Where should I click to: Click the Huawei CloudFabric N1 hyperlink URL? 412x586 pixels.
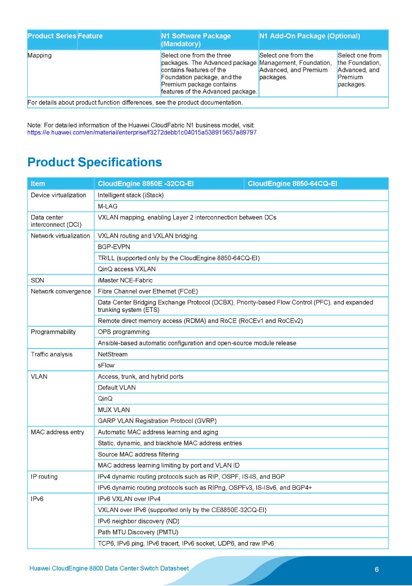pos(142,132)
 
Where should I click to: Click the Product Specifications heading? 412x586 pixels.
pos(95,162)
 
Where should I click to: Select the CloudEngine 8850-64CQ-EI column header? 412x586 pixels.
pos(292,183)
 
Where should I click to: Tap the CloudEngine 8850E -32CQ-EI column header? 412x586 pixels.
pos(146,183)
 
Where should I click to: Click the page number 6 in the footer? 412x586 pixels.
pos(376,569)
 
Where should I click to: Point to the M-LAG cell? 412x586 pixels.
pos(108,206)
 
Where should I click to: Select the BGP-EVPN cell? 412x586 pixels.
pos(114,247)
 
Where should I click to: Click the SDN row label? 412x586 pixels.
pos(37,280)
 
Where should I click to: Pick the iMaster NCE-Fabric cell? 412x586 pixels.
pos(125,280)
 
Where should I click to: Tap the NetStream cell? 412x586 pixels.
pos(113,354)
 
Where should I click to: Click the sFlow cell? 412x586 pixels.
pos(106,365)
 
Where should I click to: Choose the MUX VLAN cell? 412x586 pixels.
pos(114,409)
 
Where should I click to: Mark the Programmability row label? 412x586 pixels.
pos(53,332)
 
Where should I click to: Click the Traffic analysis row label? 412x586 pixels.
pos(52,354)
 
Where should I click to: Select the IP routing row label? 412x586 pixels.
pos(44,476)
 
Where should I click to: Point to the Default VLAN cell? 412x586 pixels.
pos(117,387)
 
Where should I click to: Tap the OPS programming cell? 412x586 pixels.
pos(124,332)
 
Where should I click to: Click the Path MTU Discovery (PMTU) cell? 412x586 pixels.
pos(138,532)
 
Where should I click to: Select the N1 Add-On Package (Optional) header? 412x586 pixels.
pos(309,36)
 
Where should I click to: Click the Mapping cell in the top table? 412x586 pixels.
pos(40,55)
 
